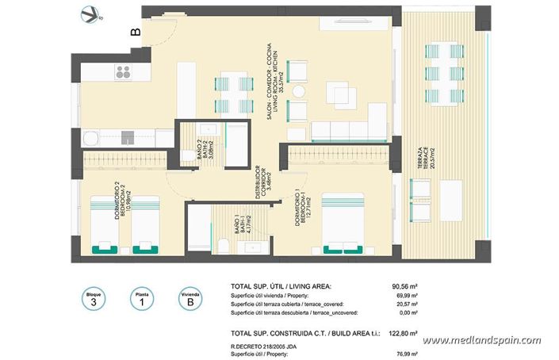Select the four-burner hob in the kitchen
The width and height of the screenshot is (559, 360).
tap(124, 73)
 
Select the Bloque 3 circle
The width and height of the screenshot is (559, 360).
tap(94, 299)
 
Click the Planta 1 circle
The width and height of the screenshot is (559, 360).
tap(141, 299)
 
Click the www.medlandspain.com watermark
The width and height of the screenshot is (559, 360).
tap(481, 341)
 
